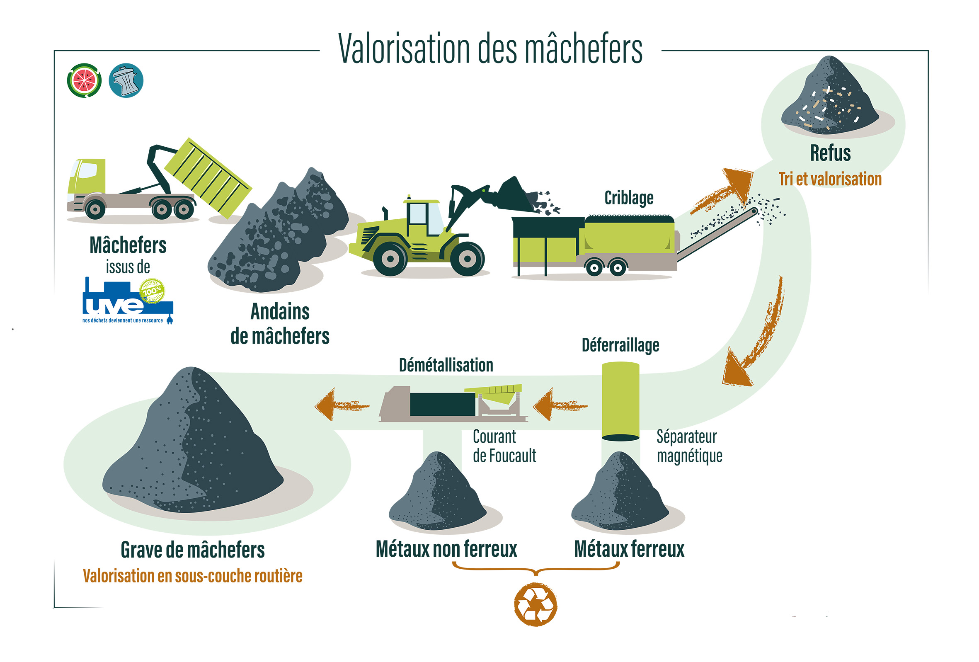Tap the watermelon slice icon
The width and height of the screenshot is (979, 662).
click(84, 80)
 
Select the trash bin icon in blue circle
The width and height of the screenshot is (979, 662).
click(126, 80)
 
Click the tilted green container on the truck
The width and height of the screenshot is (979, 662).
click(207, 177)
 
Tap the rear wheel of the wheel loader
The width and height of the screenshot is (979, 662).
click(467, 258)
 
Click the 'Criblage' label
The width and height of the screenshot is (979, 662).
click(628, 198)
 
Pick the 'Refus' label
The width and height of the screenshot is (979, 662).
click(830, 153)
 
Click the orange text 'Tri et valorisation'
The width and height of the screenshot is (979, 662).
click(830, 179)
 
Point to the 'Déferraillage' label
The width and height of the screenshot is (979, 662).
click(620, 345)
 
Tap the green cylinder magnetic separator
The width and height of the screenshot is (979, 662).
click(620, 400)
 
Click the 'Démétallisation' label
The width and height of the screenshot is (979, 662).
click(446, 365)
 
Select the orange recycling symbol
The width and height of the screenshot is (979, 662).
click(536, 604)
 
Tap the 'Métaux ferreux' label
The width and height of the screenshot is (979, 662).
click(629, 549)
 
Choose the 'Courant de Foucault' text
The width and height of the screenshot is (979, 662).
click(504, 446)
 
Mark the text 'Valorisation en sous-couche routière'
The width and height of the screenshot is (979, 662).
click(192, 576)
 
